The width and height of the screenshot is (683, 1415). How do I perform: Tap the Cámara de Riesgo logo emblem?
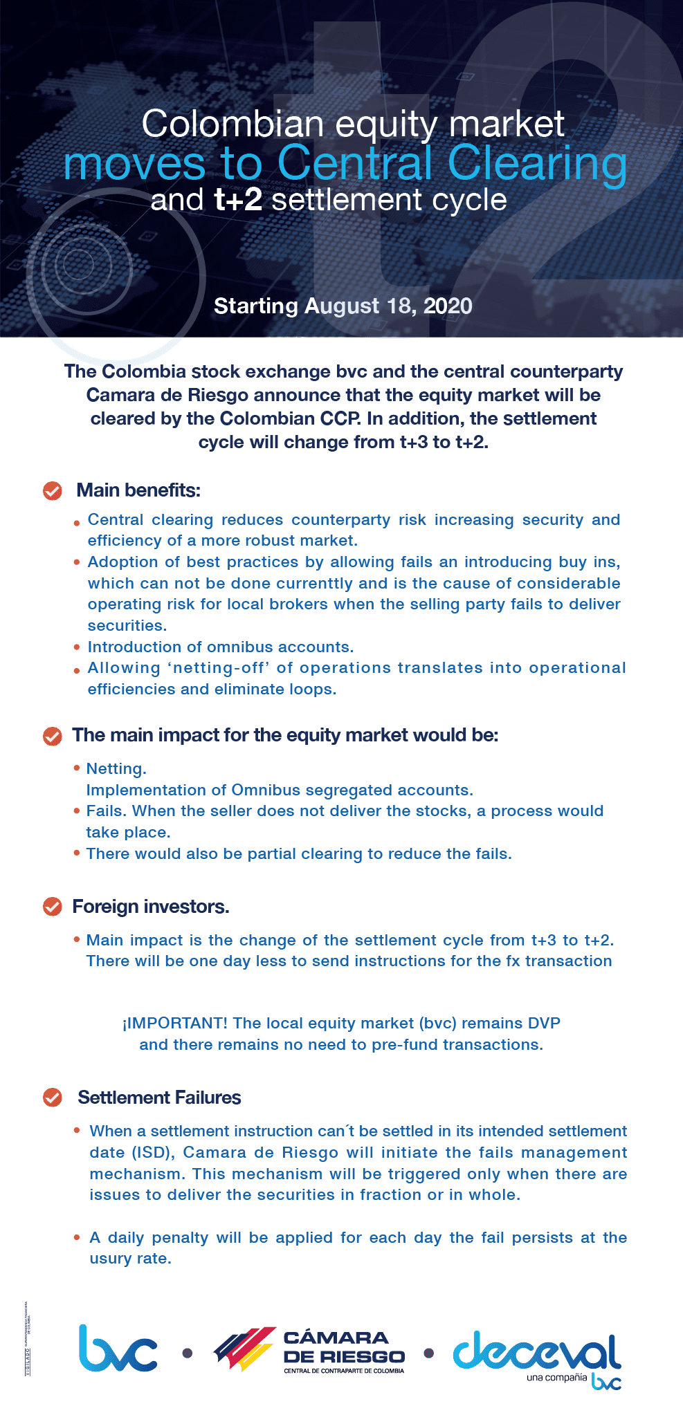[x=244, y=1349]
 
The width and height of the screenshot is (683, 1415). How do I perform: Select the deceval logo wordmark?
[x=537, y=1351]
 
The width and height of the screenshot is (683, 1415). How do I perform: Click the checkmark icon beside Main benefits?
[x=53, y=490]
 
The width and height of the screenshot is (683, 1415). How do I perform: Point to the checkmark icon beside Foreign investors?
[x=53, y=906]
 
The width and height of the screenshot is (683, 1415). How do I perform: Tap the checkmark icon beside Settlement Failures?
[x=53, y=1098]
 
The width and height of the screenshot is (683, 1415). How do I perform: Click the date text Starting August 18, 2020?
[x=343, y=306]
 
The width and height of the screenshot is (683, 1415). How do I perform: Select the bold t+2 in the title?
[x=238, y=200]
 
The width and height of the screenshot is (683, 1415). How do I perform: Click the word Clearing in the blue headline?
[x=537, y=164]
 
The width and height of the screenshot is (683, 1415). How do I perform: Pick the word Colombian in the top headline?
[x=233, y=124]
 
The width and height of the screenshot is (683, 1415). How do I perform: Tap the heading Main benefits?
[x=138, y=490]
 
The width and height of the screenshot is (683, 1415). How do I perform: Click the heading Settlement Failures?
[x=159, y=1098]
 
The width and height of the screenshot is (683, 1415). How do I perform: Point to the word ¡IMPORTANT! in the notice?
[x=175, y=1023]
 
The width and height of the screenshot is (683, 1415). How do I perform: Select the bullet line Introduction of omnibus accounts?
[x=220, y=647]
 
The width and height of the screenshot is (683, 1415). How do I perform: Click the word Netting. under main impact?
[x=116, y=768]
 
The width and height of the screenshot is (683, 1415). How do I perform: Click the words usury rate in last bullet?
[x=130, y=1258]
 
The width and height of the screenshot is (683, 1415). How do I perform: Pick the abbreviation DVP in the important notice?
[x=543, y=1023]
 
